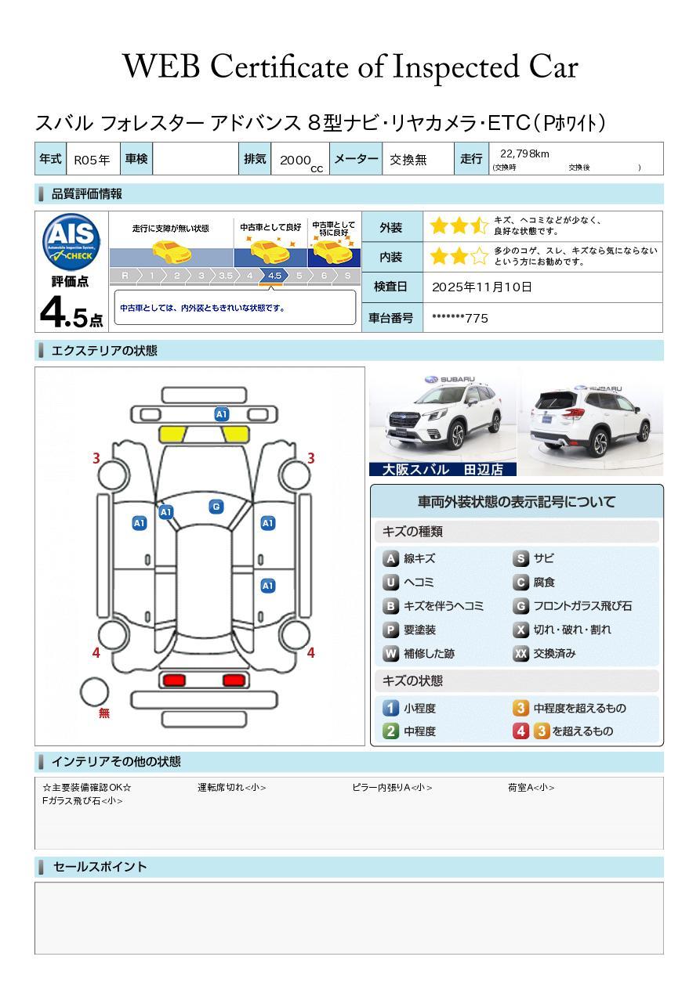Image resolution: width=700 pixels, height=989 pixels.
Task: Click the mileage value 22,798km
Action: tap(524, 154)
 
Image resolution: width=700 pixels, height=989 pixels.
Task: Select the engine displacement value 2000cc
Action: tap(301, 161)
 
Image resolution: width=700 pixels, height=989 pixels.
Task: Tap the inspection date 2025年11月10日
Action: tap(481, 287)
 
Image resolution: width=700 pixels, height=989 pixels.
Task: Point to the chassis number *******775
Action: tap(459, 319)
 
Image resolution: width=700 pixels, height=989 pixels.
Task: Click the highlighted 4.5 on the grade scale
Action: tap(274, 276)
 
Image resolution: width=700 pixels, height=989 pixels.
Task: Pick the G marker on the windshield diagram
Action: tap(216, 507)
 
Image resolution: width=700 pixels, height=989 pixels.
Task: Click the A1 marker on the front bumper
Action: tap(221, 414)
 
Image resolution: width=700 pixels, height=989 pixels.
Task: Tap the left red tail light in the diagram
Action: tap(174, 680)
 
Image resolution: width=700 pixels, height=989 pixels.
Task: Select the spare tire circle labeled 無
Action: tap(94, 692)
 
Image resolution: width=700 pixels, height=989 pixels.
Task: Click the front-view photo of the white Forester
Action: tap(443, 421)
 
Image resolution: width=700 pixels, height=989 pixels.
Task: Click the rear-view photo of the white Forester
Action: tap(590, 421)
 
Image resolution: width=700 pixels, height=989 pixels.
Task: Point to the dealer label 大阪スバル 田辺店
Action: tap(443, 469)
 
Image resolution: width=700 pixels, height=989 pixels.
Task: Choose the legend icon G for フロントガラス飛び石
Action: tap(521, 606)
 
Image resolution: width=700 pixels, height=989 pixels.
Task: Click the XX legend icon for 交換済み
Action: tap(521, 653)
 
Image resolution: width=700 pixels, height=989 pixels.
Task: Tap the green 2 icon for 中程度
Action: tap(390, 731)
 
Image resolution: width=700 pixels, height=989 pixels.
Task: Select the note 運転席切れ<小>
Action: tap(231, 788)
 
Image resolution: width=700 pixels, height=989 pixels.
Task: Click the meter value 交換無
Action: tap(408, 160)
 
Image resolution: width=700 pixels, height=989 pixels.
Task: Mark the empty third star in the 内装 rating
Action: tap(480, 256)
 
